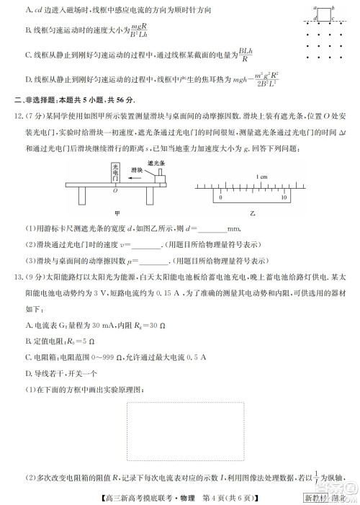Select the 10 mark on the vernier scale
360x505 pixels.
point(284,196)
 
